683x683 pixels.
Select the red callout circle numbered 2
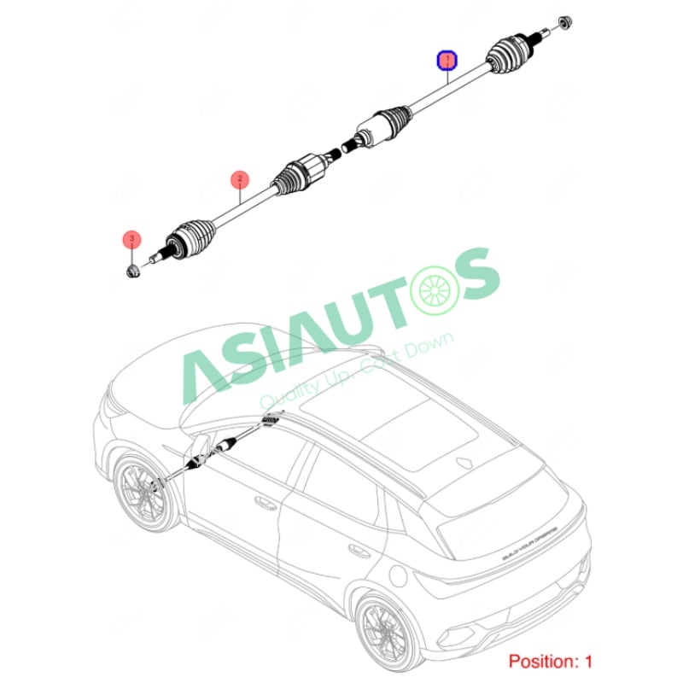pyautogui.click(x=240, y=178)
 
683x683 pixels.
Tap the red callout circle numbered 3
pyautogui.click(x=130, y=238)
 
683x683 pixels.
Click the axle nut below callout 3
pyautogui.click(x=132, y=271)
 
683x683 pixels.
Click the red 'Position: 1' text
pyautogui.click(x=550, y=661)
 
